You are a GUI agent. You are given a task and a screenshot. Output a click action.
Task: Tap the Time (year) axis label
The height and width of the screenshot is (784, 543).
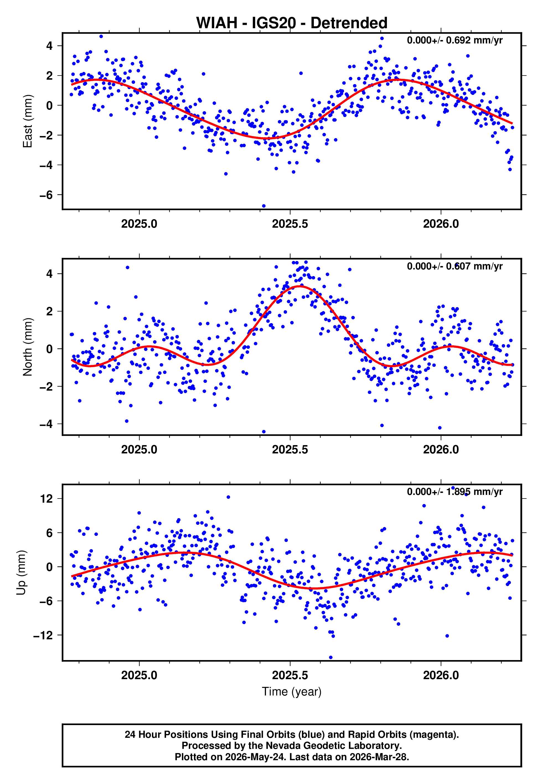[292, 692]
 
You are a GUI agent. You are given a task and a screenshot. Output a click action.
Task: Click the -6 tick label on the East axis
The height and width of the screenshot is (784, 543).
[46, 195]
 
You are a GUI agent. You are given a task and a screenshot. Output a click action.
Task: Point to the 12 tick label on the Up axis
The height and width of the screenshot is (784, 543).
[46, 499]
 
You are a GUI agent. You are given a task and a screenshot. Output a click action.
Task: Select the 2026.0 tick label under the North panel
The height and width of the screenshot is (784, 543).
[441, 450]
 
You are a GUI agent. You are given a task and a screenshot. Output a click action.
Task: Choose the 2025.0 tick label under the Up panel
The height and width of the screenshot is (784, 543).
[139, 675]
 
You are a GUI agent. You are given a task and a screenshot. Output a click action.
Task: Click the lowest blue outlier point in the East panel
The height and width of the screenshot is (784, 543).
[264, 206]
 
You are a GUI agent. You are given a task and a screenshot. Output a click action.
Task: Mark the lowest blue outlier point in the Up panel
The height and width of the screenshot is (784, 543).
[331, 657]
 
